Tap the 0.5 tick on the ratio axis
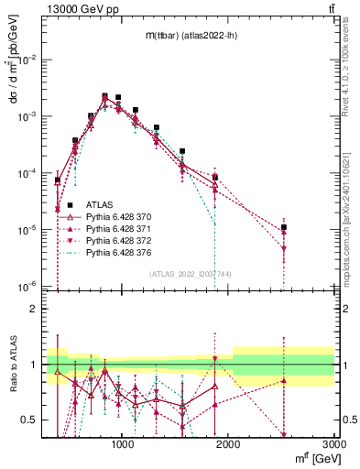tap(34, 420)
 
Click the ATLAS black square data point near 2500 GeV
tap(284, 227)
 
